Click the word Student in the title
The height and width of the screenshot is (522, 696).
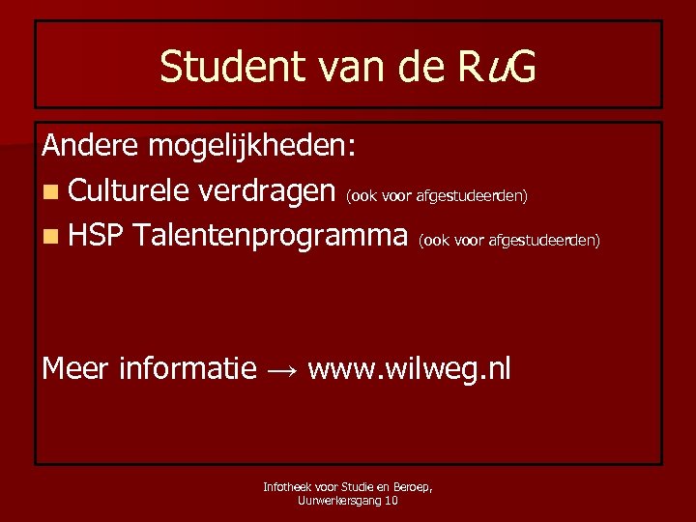pyautogui.click(x=220, y=68)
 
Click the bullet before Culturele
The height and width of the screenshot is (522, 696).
pyautogui.click(x=51, y=192)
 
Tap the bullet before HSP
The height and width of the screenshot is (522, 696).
pyautogui.click(x=51, y=236)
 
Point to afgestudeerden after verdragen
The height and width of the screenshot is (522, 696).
pyautogui.click(x=472, y=196)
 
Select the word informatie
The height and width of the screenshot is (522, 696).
pyautogui.click(x=187, y=368)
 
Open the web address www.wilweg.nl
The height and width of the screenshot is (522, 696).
pyautogui.click(x=409, y=369)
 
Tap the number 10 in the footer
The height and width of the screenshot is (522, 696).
pyautogui.click(x=391, y=500)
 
